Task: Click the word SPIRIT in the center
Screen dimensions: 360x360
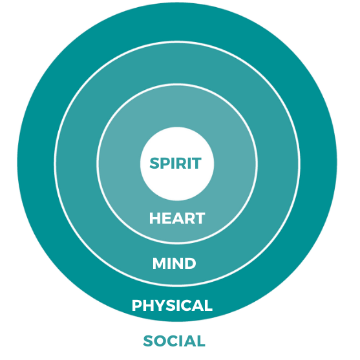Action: point(175,164)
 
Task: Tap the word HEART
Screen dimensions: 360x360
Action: point(177,218)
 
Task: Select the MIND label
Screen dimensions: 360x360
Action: point(174,263)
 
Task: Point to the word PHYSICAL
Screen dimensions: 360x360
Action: point(172,305)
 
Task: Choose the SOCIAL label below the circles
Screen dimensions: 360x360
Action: point(174,341)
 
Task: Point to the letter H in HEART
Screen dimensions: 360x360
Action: point(154,218)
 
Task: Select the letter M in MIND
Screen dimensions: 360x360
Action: point(160,263)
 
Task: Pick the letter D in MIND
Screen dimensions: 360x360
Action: point(190,263)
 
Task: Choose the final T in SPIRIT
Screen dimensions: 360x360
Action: point(196,164)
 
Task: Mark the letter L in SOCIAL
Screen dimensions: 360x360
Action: point(201,341)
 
